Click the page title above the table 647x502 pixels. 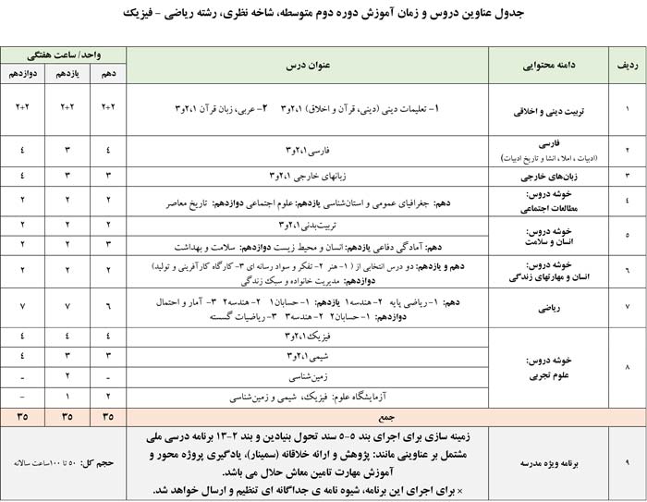tap(323, 15)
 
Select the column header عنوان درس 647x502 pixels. tap(307, 66)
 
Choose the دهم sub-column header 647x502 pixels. tap(108, 73)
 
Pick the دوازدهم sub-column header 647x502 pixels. tap(21, 73)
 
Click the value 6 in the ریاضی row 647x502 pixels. tap(108, 306)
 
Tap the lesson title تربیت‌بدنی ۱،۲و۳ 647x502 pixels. tap(307, 225)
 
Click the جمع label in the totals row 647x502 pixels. tap(307, 416)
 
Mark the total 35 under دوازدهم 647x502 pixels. tap(21, 416)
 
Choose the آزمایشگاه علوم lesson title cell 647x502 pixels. tap(307, 396)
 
